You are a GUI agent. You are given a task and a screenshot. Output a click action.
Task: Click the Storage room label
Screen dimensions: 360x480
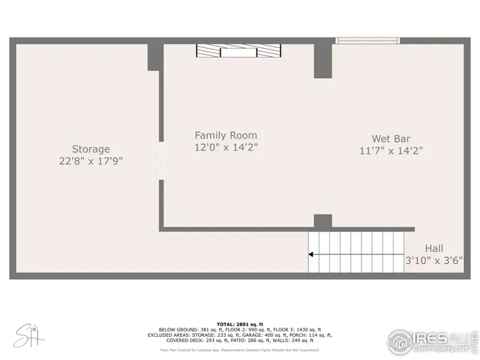point(91,149)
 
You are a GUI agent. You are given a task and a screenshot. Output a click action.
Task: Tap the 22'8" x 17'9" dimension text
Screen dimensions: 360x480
point(91,161)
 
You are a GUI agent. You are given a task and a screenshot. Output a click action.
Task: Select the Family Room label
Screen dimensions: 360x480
point(226,135)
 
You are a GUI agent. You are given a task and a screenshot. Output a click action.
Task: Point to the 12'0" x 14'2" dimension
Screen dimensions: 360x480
point(226,147)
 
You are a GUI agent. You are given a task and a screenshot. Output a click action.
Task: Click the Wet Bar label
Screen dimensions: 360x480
point(391,138)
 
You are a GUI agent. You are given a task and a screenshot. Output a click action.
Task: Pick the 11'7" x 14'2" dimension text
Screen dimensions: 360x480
point(391,150)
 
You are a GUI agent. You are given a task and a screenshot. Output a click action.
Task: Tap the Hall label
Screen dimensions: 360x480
point(434,248)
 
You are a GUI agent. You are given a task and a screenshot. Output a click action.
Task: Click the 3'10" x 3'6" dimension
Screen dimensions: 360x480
point(434,261)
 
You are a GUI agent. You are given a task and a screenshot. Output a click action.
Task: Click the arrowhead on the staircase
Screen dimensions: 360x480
point(312,254)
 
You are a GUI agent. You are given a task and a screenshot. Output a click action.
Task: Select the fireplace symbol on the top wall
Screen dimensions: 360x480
point(239,50)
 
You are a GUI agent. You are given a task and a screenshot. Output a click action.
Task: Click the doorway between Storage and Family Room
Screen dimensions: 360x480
point(160,158)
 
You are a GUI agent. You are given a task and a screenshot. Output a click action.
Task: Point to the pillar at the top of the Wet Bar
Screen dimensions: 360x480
point(323,60)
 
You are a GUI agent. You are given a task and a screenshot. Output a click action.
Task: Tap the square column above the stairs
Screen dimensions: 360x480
point(322,221)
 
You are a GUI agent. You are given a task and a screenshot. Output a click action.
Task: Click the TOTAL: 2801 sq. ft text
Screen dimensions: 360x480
point(239,323)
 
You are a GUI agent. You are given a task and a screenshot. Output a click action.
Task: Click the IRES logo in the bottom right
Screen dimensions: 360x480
point(431,340)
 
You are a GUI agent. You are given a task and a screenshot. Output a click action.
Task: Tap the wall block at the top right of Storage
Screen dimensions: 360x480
point(154,57)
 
